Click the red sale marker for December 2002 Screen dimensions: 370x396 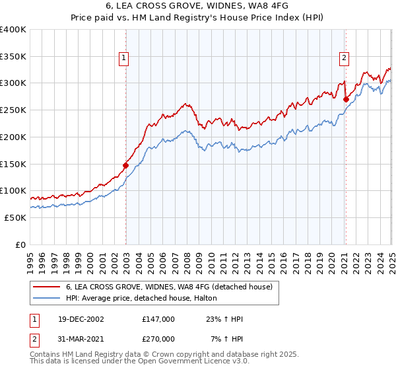tap(125, 165)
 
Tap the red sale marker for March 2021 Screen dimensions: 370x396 tap(345, 99)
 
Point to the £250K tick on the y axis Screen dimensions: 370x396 tap(13, 110)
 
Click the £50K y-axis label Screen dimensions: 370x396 tap(15, 217)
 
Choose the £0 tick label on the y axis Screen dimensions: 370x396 tap(20, 244)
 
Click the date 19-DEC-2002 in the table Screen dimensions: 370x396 tap(81, 319)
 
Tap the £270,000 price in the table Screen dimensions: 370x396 tap(158, 339)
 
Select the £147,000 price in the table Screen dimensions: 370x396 tap(158, 319)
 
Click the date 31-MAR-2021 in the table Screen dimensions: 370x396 tap(81, 339)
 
